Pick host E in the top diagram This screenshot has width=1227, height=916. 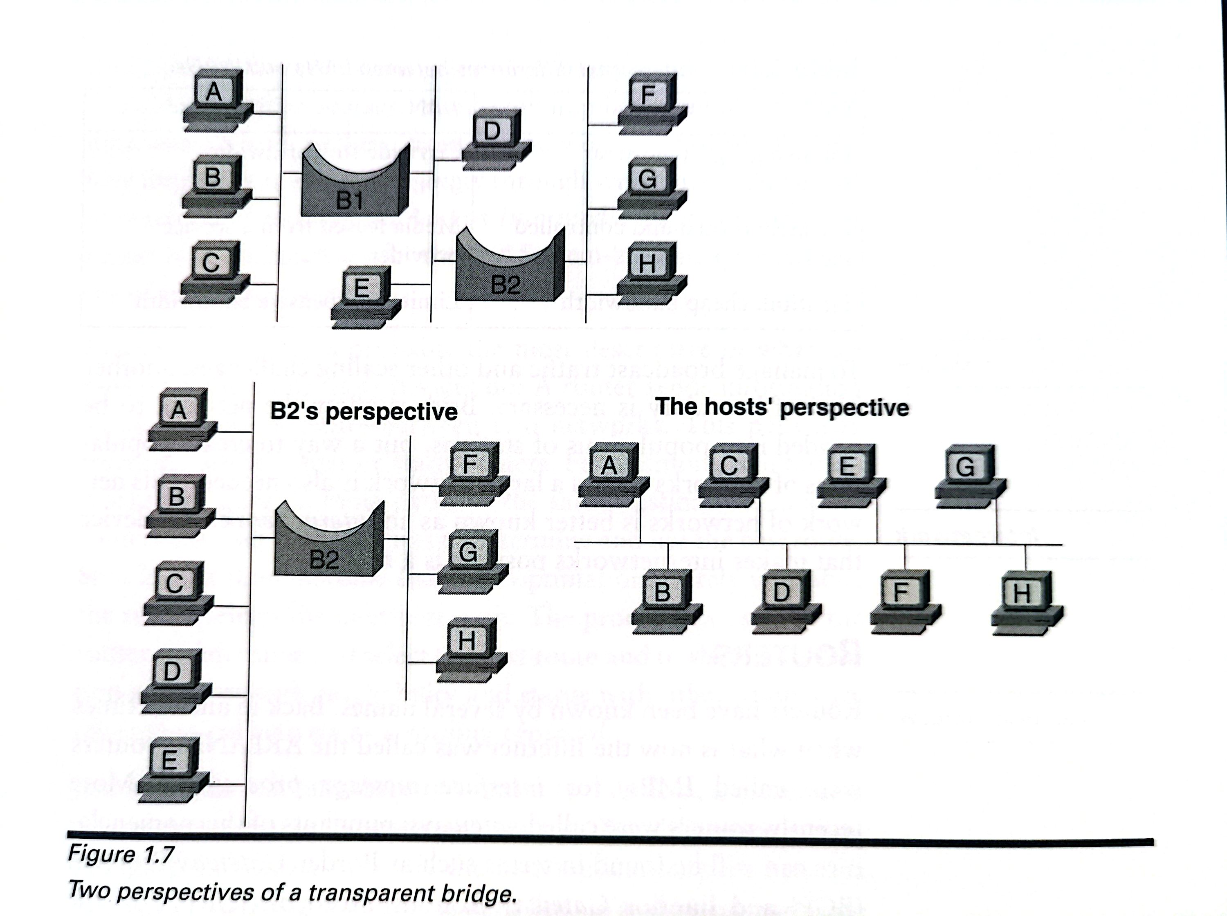coord(365,296)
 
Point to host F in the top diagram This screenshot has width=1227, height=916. coord(651,103)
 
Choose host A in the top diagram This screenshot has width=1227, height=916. coord(216,100)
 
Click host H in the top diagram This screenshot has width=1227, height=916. coord(650,272)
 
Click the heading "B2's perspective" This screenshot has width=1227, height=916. coord(364,412)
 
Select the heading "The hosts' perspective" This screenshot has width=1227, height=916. coord(782,408)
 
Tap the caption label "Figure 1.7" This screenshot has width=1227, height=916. coord(121,854)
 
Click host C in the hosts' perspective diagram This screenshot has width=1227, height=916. coord(732,474)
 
